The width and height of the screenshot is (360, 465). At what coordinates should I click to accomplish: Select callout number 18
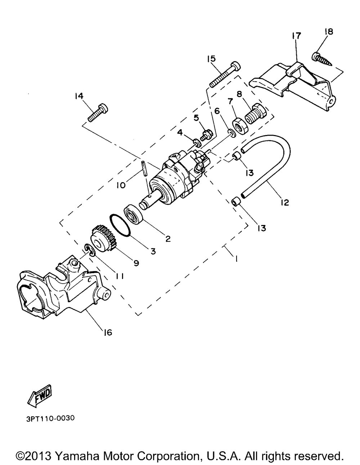pyautogui.click(x=329, y=32)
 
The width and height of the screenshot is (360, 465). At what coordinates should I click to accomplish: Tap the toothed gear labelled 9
pyautogui.click(x=104, y=239)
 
